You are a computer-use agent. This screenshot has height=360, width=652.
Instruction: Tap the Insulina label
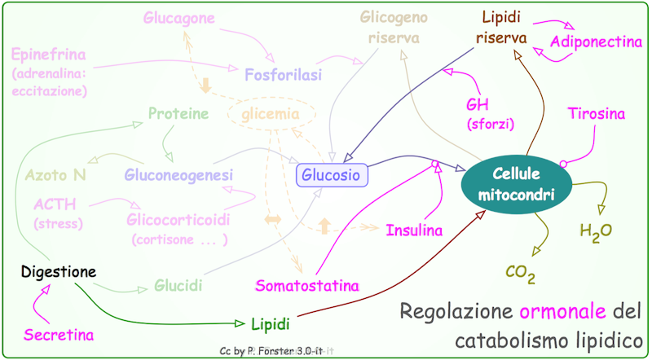point(414,230)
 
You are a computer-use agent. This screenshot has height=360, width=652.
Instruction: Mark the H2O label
point(595,231)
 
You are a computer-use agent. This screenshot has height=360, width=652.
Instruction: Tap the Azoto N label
point(55,174)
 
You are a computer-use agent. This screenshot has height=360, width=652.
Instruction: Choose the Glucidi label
point(178,286)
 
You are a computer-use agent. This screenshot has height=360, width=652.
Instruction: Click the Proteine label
point(178,113)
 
